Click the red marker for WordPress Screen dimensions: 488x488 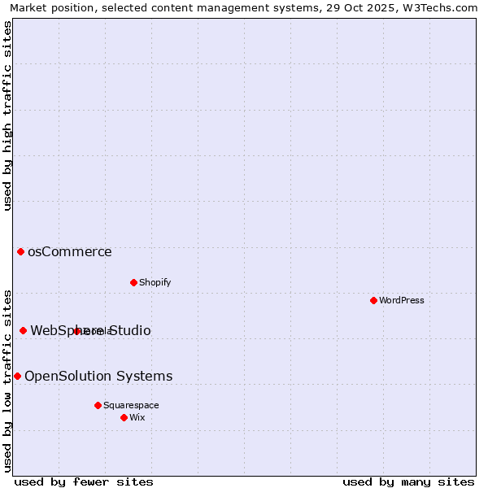pyautogui.click(x=373, y=300)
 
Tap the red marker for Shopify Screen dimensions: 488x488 pyautogui.click(x=133, y=282)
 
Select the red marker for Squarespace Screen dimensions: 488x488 pyautogui.click(x=98, y=405)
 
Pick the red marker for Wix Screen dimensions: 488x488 pyautogui.click(x=124, y=417)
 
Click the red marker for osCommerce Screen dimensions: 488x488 pyautogui.click(x=20, y=252)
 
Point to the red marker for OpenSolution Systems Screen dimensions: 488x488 pyautogui.click(x=17, y=376)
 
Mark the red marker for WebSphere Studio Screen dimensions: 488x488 pyautogui.click(x=23, y=330)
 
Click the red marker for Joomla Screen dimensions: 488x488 pyautogui.click(x=76, y=331)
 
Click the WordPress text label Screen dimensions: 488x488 pyautogui.click(x=402, y=300)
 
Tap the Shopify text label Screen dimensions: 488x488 pyautogui.click(x=155, y=282)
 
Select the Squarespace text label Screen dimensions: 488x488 pyautogui.click(x=131, y=405)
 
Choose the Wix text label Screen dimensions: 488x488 pyautogui.click(x=137, y=417)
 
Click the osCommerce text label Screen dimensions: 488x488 pyautogui.click(x=70, y=252)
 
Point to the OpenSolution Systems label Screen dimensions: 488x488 pyautogui.click(x=98, y=376)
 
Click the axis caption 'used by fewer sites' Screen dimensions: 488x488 pyautogui.click(x=84, y=481)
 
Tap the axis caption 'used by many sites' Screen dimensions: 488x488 pyautogui.click(x=408, y=481)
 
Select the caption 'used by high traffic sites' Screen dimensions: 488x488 pyautogui.click(x=8, y=115)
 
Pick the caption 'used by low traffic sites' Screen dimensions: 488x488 pyautogui.click(x=8, y=380)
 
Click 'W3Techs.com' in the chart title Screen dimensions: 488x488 pyautogui.click(x=442, y=7)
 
